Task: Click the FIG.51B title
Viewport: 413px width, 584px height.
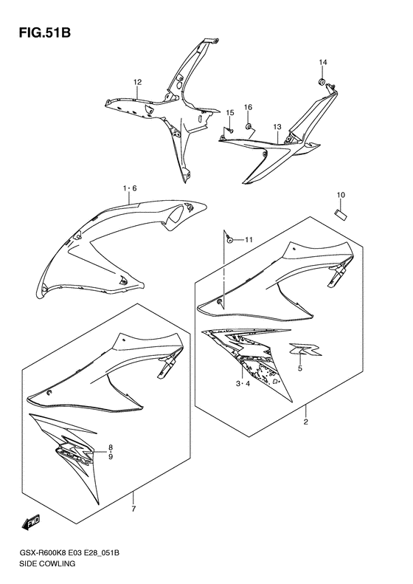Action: click(x=45, y=32)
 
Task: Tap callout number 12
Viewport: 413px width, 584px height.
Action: click(x=138, y=82)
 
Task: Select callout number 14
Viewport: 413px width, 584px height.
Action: click(x=322, y=62)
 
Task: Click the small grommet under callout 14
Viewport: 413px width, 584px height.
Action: click(x=322, y=81)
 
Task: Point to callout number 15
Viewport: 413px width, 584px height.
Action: click(x=229, y=112)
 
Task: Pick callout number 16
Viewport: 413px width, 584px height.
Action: click(x=248, y=107)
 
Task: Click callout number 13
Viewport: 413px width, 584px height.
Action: click(x=277, y=127)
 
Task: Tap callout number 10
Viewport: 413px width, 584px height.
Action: click(x=341, y=195)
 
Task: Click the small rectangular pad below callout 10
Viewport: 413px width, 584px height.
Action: click(x=341, y=214)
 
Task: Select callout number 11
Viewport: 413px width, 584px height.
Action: click(x=249, y=240)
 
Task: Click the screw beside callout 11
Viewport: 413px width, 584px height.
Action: click(x=230, y=240)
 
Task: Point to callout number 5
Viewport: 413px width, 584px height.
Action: click(x=300, y=368)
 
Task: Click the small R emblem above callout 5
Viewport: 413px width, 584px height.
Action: click(x=306, y=349)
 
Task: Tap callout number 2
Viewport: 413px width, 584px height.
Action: click(x=305, y=422)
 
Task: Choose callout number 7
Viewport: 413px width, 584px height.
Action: click(x=134, y=509)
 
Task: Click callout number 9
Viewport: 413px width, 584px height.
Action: click(x=111, y=457)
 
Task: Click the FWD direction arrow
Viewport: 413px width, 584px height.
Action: click(x=31, y=523)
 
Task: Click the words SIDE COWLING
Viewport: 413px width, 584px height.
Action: click(x=46, y=563)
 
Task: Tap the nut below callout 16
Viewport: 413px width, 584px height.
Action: click(x=248, y=127)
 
